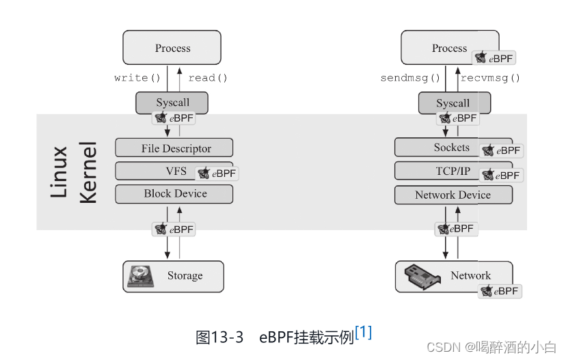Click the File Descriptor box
(x=174, y=148)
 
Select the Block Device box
(x=174, y=194)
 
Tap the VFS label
(x=176, y=171)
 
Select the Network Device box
(x=453, y=195)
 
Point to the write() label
(x=137, y=78)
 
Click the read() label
(x=208, y=78)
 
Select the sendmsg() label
(x=410, y=78)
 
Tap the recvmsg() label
(x=490, y=78)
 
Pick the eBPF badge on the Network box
(x=500, y=291)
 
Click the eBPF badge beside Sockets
(x=500, y=150)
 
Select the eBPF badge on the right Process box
(x=494, y=59)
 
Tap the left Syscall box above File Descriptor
(x=172, y=102)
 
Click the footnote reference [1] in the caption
(x=364, y=333)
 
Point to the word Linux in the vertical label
(x=60, y=171)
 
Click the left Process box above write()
(x=172, y=48)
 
